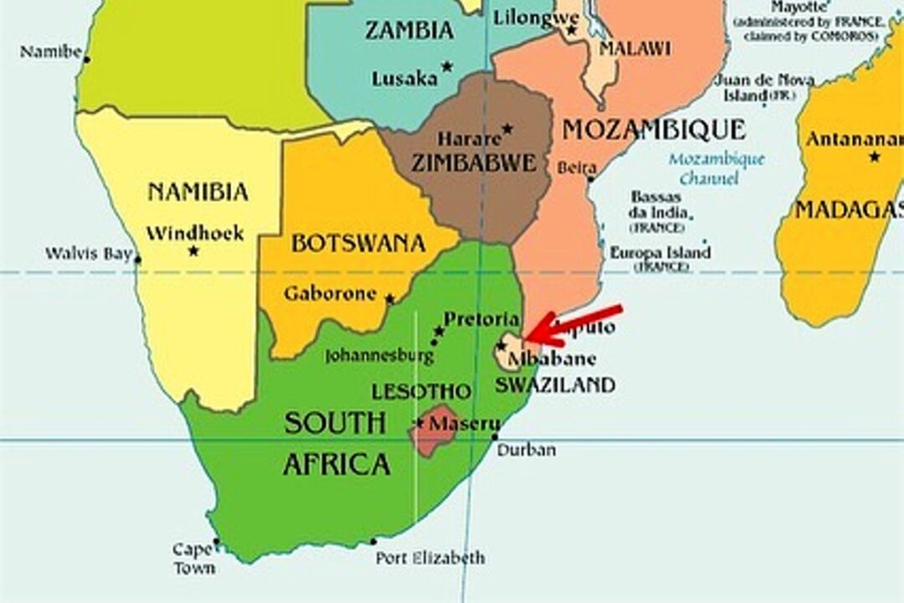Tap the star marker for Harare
point(507,129)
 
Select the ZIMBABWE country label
point(473,162)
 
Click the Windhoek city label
point(195,233)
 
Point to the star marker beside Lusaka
point(447,66)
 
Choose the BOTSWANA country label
point(358,244)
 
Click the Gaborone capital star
point(389,298)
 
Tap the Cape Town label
point(193,559)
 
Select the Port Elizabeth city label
point(429,558)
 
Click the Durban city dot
point(496,436)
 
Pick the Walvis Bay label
point(88,253)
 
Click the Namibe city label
point(50,52)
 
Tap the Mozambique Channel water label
point(716,168)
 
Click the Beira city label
point(577,167)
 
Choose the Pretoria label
point(480,319)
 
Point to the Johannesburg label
point(379,356)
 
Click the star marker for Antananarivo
point(875,157)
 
